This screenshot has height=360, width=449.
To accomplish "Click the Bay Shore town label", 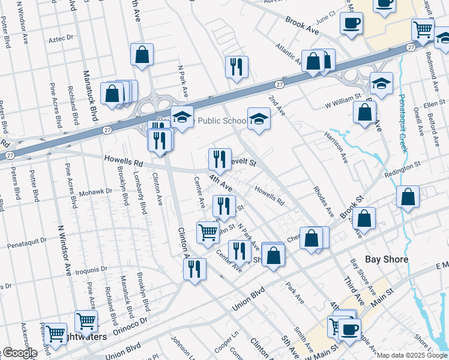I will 387,259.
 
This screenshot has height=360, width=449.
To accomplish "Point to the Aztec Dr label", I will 61,37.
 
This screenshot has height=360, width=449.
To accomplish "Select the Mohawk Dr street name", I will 96,192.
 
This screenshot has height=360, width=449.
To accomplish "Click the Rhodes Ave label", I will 323,201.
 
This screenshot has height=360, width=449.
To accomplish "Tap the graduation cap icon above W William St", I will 381,82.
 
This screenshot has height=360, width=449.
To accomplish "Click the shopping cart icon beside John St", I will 208,232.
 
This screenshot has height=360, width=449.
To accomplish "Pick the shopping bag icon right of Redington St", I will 408,197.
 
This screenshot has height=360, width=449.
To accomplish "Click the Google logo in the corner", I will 19,353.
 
